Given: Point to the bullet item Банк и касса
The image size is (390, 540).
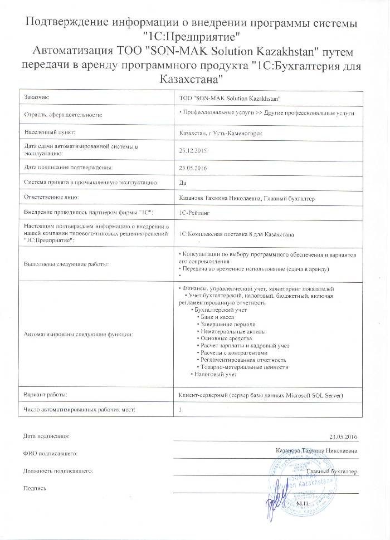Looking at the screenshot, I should click(x=219, y=316).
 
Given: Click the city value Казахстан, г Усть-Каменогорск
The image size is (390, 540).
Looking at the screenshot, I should click(x=221, y=133).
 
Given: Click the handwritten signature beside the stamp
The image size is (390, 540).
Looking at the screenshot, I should click(x=272, y=501).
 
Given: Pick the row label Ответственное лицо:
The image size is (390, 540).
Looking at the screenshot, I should click(x=51, y=197).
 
